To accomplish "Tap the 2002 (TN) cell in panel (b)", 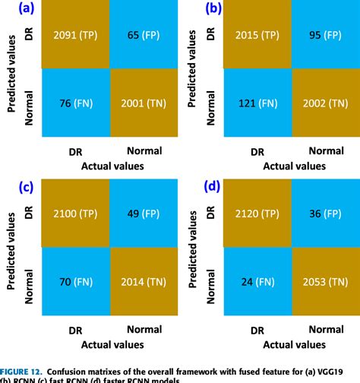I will (x=324, y=103).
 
